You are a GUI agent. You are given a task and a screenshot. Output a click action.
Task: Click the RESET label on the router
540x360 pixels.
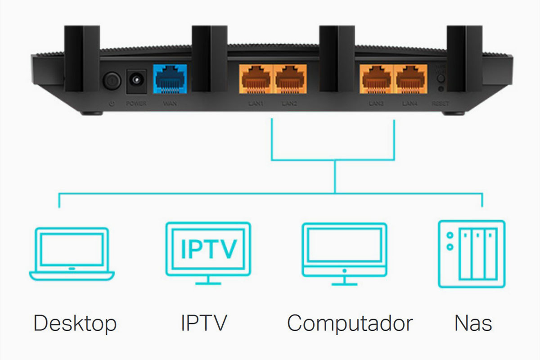click(440, 103)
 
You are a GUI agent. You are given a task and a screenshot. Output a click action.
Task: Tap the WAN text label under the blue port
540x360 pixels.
click(171, 104)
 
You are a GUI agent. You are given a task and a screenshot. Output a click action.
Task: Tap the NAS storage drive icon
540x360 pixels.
click(472, 254)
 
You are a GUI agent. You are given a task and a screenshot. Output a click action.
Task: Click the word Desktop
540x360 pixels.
click(75, 323)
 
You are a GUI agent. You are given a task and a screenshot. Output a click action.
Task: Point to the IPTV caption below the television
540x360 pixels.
click(204, 323)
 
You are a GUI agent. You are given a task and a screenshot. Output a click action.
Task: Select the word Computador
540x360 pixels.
click(350, 323)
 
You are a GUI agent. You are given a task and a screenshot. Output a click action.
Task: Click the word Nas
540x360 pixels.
click(473, 323)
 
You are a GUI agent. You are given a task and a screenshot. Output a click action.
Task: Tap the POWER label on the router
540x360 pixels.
click(136, 104)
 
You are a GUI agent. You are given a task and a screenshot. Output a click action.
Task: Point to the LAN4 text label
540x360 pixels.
click(410, 104)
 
